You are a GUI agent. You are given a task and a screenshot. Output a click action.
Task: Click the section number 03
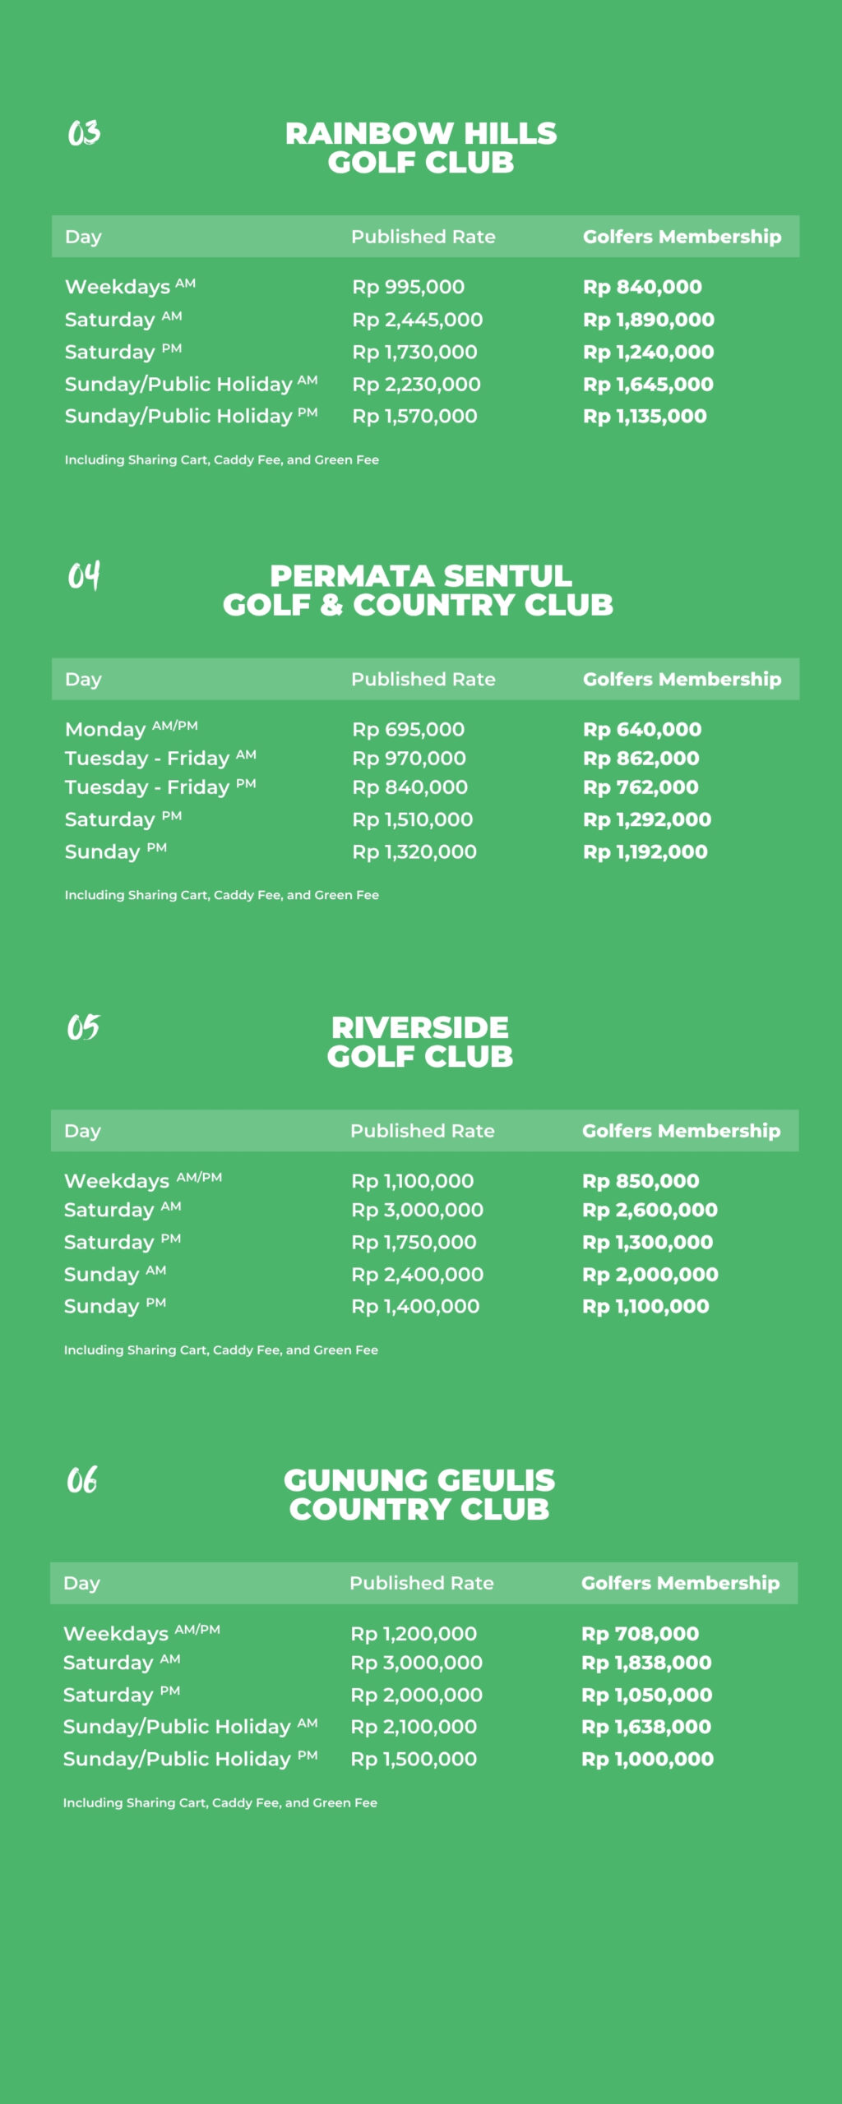[x=84, y=132]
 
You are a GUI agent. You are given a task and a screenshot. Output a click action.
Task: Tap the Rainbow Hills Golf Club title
[x=421, y=148]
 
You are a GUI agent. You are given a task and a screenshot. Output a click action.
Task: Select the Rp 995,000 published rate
[x=409, y=287]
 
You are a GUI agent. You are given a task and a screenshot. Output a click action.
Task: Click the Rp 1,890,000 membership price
[x=649, y=320]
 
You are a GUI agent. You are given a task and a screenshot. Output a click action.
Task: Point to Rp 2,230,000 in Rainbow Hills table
[x=417, y=384]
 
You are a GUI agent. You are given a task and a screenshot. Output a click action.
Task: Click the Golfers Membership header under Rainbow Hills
[x=682, y=237]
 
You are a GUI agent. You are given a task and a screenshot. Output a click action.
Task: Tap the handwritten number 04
[x=84, y=575]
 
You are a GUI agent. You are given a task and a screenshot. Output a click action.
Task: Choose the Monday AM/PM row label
[x=132, y=729]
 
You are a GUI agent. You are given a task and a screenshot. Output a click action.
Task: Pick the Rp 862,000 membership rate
[x=641, y=759]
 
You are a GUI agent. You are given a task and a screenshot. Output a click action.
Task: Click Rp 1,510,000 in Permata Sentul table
[x=413, y=819]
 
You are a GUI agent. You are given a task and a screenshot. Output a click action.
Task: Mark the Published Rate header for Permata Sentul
[x=423, y=679]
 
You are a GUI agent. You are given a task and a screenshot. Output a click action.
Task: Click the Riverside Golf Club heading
[x=420, y=1042]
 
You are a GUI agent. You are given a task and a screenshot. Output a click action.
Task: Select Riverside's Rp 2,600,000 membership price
[x=650, y=1210]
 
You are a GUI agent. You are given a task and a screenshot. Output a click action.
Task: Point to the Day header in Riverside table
[x=82, y=1131]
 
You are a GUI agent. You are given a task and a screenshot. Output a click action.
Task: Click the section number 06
[x=82, y=1480]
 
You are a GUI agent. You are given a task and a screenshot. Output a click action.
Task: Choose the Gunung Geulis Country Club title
[x=419, y=1495]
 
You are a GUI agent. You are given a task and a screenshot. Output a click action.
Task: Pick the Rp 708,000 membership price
[x=641, y=1634]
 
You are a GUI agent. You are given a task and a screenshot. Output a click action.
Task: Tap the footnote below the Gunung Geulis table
[x=220, y=1802]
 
